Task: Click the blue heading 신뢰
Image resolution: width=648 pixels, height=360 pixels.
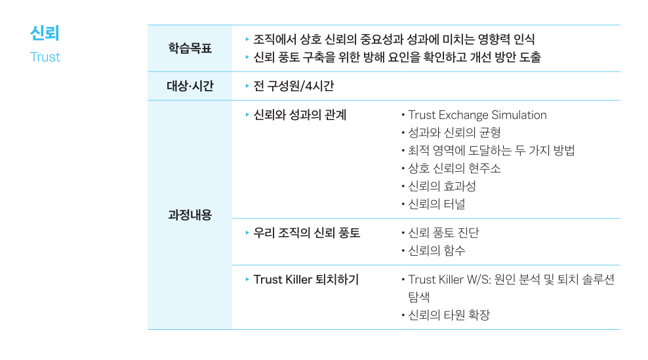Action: [45, 34]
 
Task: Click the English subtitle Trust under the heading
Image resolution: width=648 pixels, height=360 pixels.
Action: [45, 57]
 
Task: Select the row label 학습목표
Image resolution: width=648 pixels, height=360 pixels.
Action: [190, 49]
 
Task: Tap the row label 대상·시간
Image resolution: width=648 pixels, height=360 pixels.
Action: [190, 86]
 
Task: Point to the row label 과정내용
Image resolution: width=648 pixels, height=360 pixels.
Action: [190, 214]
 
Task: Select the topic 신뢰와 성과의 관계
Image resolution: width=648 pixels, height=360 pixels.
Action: [300, 115]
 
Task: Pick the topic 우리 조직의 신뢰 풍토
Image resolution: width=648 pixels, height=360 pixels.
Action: [307, 233]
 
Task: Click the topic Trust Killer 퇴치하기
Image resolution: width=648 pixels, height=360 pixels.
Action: [306, 279]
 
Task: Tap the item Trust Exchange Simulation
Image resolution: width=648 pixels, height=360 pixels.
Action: [477, 115]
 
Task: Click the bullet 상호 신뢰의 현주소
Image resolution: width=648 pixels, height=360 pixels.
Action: [454, 169]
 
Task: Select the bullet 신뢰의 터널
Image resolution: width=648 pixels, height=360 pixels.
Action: [436, 204]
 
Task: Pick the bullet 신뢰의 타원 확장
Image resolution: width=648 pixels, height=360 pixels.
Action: [449, 315]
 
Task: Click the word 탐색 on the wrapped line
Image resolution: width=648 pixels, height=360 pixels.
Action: [418, 297]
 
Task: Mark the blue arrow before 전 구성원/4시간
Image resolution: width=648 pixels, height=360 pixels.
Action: [247, 86]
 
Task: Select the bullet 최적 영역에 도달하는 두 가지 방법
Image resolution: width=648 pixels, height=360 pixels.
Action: [491, 150]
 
